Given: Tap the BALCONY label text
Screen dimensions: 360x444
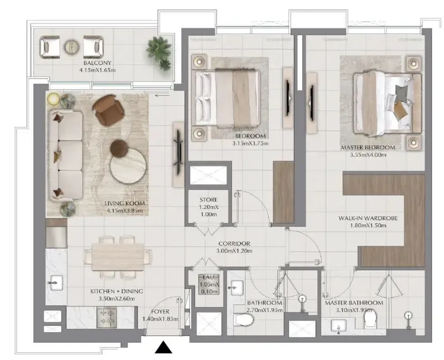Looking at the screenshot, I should [x=97, y=63].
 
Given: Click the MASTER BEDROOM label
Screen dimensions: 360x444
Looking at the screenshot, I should [x=368, y=148].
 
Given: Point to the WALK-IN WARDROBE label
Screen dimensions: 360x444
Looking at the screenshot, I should [x=368, y=218].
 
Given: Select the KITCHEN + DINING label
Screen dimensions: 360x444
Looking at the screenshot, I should [x=117, y=291].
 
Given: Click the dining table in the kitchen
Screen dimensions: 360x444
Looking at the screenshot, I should [x=117, y=256].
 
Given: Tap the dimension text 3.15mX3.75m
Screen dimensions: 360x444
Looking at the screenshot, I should [x=249, y=143].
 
